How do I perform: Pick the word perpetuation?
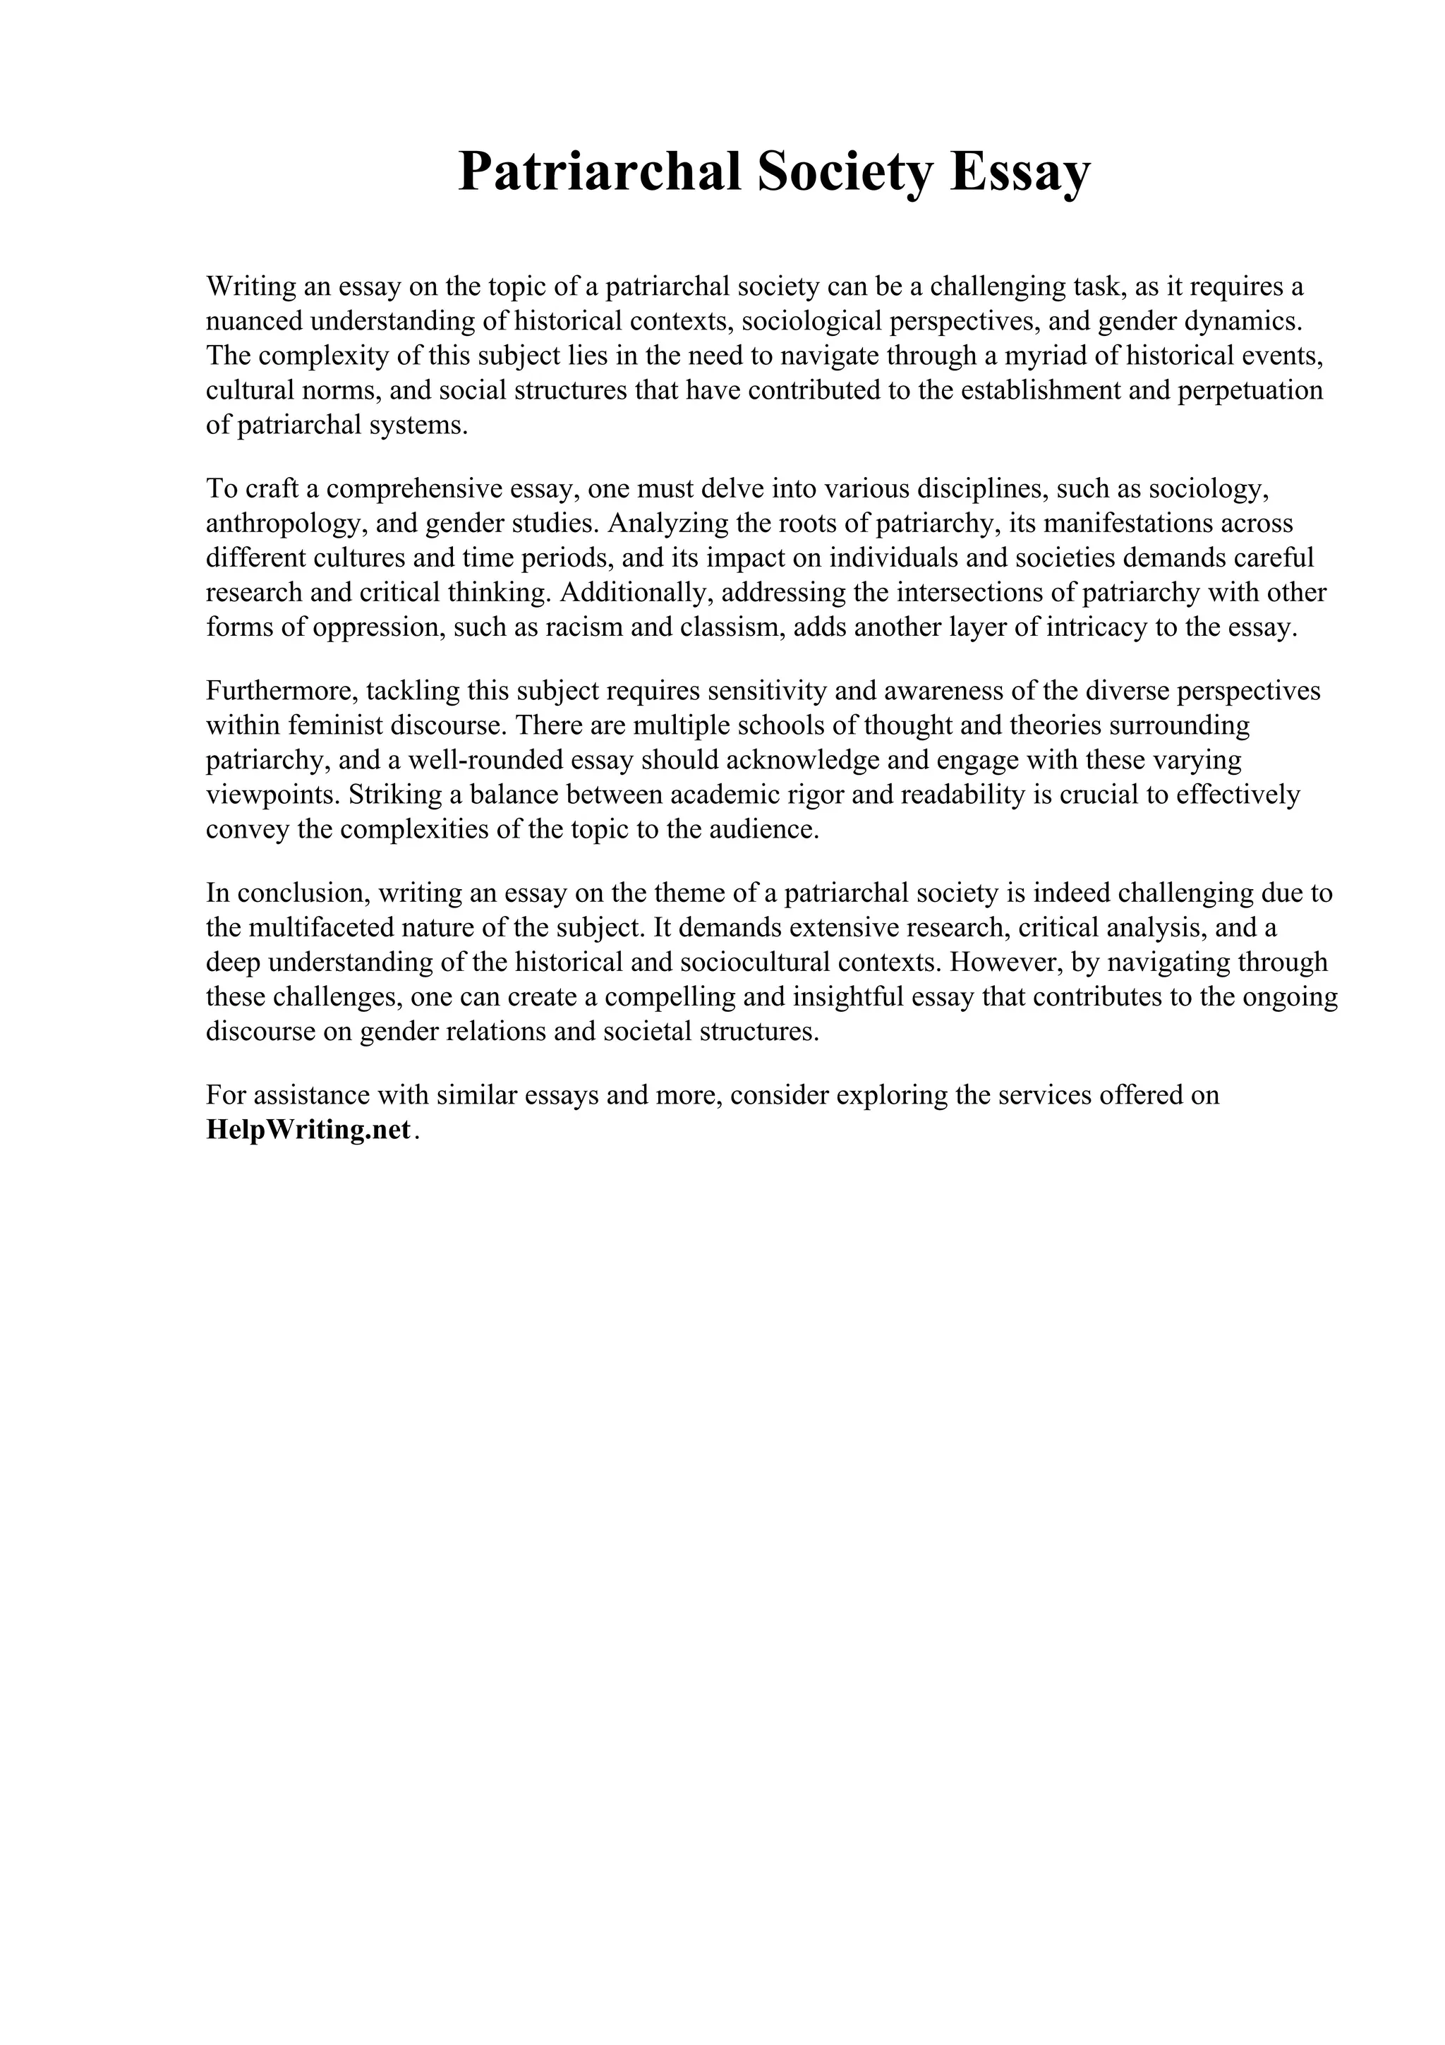(x=1251, y=390)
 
